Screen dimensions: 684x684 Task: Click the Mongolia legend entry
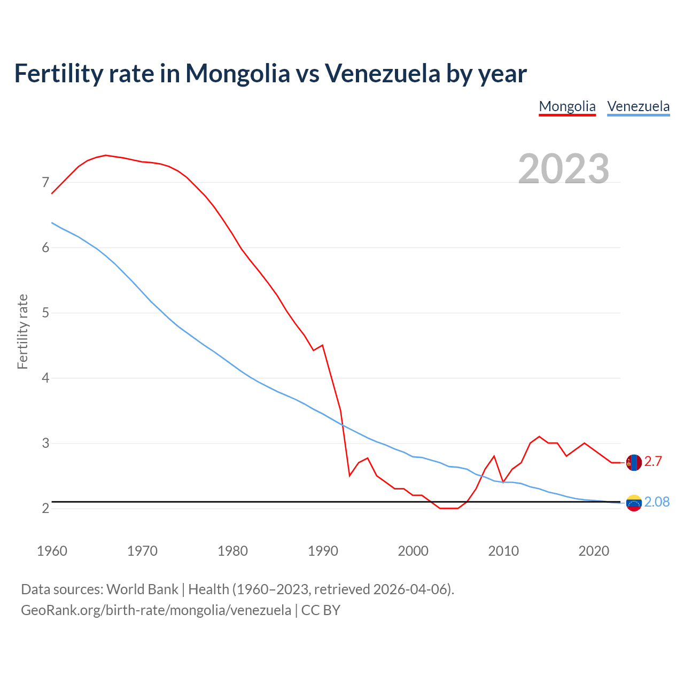tap(567, 106)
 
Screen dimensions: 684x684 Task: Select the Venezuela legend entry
tap(638, 106)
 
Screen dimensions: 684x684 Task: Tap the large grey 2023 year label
tap(564, 169)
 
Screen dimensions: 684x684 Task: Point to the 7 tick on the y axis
tap(45, 183)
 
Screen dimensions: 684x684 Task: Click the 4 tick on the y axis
tap(45, 378)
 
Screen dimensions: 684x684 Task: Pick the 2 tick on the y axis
tap(45, 508)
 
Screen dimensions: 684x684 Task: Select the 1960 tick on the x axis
tap(52, 551)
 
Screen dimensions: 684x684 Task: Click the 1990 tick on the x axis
tap(323, 551)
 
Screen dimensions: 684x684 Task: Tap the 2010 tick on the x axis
tap(503, 551)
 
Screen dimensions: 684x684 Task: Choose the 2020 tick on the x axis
tap(594, 551)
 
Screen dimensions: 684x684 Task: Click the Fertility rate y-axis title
tap(22, 331)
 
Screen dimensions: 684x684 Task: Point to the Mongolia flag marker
tap(634, 462)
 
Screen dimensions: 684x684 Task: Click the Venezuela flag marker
tap(634, 503)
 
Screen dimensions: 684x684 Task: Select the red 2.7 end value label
tap(653, 462)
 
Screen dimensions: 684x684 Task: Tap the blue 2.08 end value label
tap(657, 502)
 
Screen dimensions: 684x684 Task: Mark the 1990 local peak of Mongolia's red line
tap(322, 345)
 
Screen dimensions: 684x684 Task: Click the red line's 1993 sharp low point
tap(349, 475)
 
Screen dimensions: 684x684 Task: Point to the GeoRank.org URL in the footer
tap(156, 610)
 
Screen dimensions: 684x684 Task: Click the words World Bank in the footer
tap(142, 589)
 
